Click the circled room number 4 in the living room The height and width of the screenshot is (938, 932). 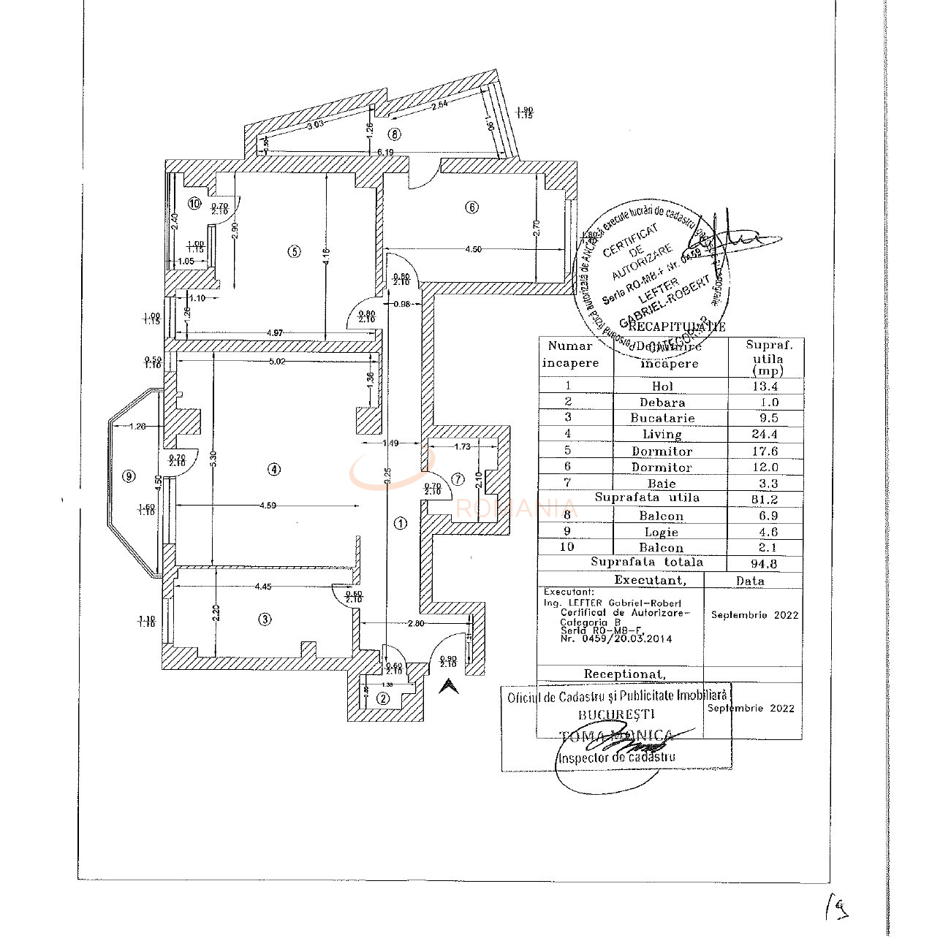click(x=273, y=469)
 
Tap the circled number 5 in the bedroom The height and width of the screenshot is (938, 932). click(x=294, y=251)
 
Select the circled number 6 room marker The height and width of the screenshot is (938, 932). click(x=471, y=207)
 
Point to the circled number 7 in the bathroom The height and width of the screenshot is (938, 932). click(x=458, y=479)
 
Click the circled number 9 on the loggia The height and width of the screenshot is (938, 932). click(x=129, y=476)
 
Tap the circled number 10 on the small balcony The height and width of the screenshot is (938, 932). click(x=194, y=204)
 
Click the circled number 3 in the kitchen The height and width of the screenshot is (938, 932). click(x=265, y=619)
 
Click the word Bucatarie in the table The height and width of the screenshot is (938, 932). click(x=662, y=419)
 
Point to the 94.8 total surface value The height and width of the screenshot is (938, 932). click(x=764, y=563)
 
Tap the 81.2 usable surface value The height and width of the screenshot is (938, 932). click(x=764, y=500)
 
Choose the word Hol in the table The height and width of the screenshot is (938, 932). click(x=662, y=386)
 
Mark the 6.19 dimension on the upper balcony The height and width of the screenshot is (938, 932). click(x=385, y=152)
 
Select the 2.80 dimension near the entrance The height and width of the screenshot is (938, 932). click(x=415, y=623)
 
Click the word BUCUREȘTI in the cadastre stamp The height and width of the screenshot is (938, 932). click(x=616, y=714)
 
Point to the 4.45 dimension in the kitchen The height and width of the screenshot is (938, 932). click(x=263, y=586)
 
